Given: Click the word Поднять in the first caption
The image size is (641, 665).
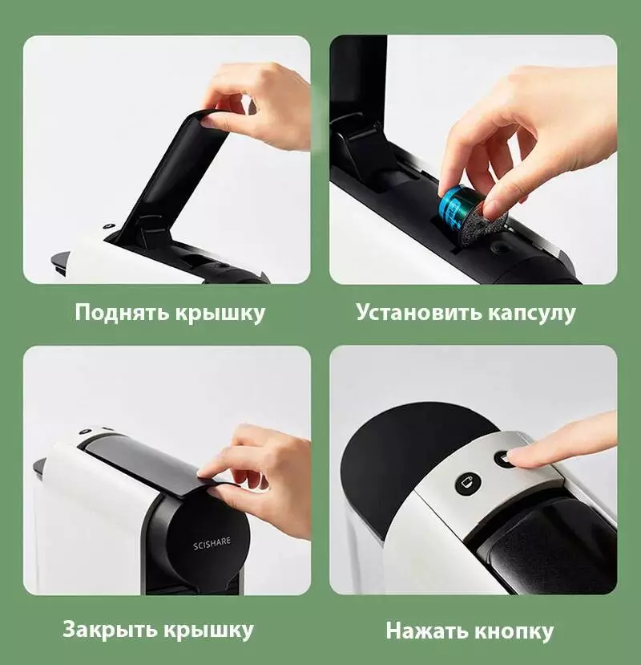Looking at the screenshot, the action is click(122, 313).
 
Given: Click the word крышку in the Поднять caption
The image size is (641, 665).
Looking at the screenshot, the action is click(220, 314).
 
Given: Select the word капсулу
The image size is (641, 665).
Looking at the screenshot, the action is click(532, 314).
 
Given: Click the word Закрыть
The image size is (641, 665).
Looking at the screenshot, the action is click(110, 630).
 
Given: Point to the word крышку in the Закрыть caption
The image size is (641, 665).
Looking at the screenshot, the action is click(209, 631).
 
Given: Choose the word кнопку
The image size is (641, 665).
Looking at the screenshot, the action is click(513, 632).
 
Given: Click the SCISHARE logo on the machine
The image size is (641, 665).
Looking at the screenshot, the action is click(212, 543).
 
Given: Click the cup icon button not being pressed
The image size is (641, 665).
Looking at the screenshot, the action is click(469, 483).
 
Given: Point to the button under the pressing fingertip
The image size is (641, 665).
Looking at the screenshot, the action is click(504, 459).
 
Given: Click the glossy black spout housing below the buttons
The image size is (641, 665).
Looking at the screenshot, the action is click(546, 541).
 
